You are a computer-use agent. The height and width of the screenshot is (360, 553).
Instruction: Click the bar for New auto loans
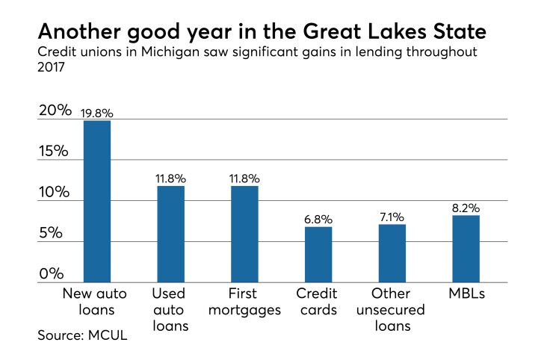[97, 201]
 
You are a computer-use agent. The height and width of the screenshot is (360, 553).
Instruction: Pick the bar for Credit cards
[318, 255]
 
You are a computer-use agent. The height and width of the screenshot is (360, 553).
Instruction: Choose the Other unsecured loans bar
[392, 253]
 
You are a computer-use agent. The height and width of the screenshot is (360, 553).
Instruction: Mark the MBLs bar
[466, 249]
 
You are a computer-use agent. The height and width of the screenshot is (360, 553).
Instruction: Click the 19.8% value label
[97, 114]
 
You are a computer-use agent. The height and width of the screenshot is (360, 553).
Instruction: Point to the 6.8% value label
[318, 220]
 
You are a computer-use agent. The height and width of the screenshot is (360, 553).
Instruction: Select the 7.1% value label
[392, 217]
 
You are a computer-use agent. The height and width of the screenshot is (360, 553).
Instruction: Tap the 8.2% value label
[466, 208]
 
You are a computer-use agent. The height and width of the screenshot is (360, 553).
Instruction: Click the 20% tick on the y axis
[54, 111]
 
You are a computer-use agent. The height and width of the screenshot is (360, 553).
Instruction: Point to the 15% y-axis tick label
[54, 152]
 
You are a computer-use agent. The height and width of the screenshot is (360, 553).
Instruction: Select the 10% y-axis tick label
[54, 193]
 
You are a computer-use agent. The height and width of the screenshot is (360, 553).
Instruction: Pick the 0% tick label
[54, 273]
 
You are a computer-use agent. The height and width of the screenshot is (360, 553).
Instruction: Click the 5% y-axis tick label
[54, 233]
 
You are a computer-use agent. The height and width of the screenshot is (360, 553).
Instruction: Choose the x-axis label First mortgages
[244, 302]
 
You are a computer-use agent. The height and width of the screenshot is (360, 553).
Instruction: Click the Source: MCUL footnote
[81, 336]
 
